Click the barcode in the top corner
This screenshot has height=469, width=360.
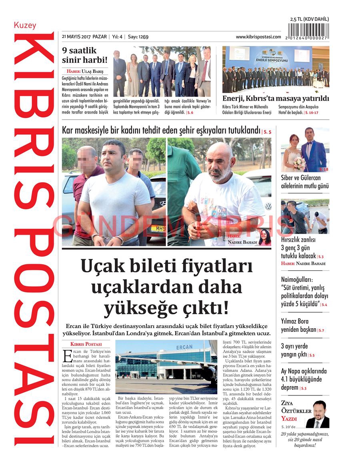point(308,31)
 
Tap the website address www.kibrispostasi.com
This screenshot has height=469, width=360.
point(258,37)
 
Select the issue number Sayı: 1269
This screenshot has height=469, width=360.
point(138,37)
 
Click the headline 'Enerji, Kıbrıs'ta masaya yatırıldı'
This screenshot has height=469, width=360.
point(275,99)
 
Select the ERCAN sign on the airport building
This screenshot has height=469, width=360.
point(184,347)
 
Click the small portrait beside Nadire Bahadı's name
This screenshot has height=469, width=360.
point(264,237)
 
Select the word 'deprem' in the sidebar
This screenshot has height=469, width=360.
point(290,387)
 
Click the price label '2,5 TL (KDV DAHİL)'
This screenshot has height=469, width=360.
point(309,19)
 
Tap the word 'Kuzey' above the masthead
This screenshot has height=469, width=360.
point(25,26)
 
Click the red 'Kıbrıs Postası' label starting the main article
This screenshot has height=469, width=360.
point(86,344)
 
